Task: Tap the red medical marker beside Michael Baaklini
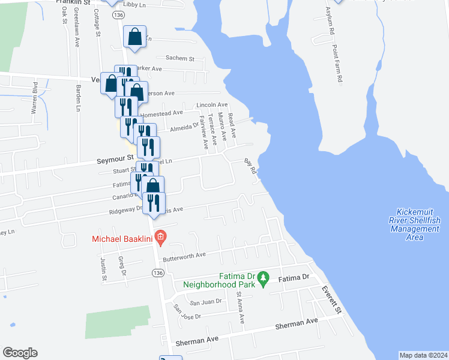(x=160, y=238)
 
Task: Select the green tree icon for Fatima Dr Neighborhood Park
(x=263, y=278)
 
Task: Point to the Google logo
(x=19, y=353)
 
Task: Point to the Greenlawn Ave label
(x=77, y=34)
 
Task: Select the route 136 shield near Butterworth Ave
(x=157, y=272)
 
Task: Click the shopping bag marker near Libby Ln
(x=135, y=37)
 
